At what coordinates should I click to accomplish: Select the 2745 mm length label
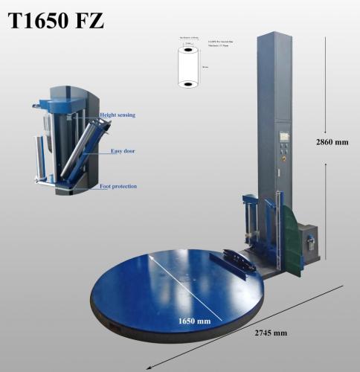click(269, 333)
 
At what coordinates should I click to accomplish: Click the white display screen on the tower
click(285, 137)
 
